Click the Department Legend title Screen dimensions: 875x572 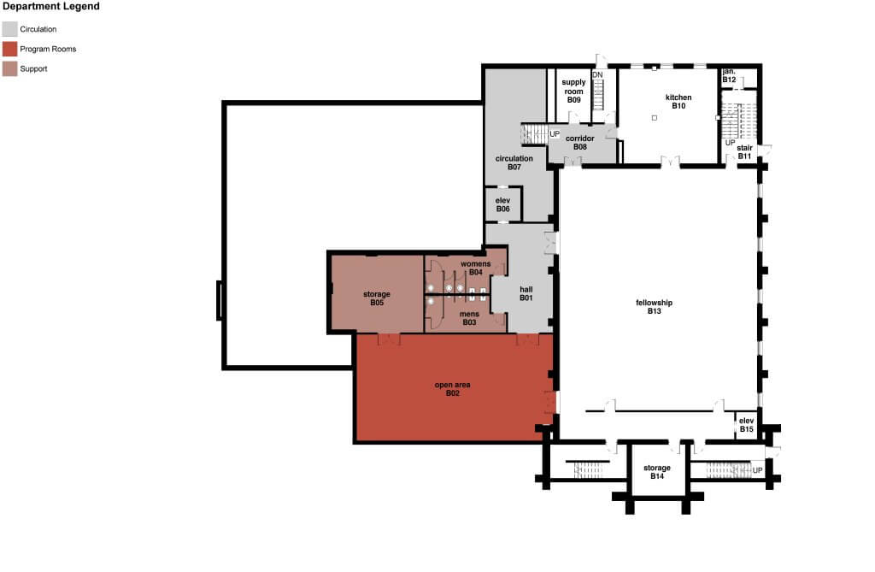click(x=51, y=7)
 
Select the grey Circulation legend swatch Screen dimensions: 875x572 click(x=9, y=29)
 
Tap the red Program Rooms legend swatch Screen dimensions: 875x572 click(x=9, y=49)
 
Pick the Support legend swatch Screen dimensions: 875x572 click(x=9, y=68)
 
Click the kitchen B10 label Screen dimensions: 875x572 click(x=678, y=102)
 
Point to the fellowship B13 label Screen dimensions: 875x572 click(x=654, y=307)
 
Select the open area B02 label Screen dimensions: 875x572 click(x=453, y=389)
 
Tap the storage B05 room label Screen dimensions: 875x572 click(x=377, y=298)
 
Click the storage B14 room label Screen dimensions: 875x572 click(x=657, y=472)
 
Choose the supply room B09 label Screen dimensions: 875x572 click(x=573, y=91)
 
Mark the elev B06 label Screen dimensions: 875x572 click(x=502, y=204)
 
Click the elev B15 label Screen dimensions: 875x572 click(x=747, y=425)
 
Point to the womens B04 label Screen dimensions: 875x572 click(x=475, y=268)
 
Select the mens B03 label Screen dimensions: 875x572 click(x=469, y=318)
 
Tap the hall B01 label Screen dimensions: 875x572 click(x=526, y=294)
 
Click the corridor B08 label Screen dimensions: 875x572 click(x=580, y=143)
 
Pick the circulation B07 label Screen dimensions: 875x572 click(x=514, y=162)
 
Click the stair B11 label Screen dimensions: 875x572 click(x=744, y=152)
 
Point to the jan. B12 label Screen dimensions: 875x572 click(x=730, y=76)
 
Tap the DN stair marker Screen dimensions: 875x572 click(x=597, y=75)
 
